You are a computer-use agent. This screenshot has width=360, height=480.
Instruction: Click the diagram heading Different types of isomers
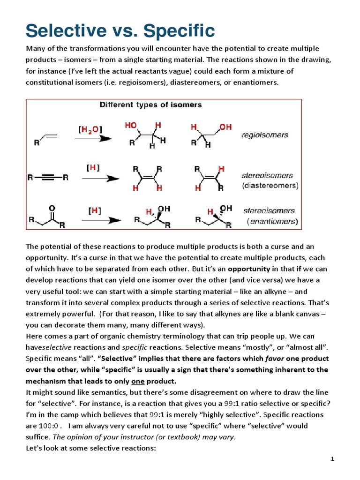pyautogui.click(x=150, y=105)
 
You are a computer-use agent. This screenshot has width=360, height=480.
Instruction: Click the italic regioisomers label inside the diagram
pyautogui.click(x=265, y=135)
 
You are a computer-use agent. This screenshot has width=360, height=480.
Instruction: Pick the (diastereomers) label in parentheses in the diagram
pyautogui.click(x=270, y=185)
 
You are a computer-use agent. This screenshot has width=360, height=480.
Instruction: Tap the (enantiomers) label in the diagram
pyautogui.click(x=272, y=221)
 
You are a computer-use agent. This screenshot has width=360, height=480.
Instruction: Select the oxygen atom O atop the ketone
pyautogui.click(x=52, y=207)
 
